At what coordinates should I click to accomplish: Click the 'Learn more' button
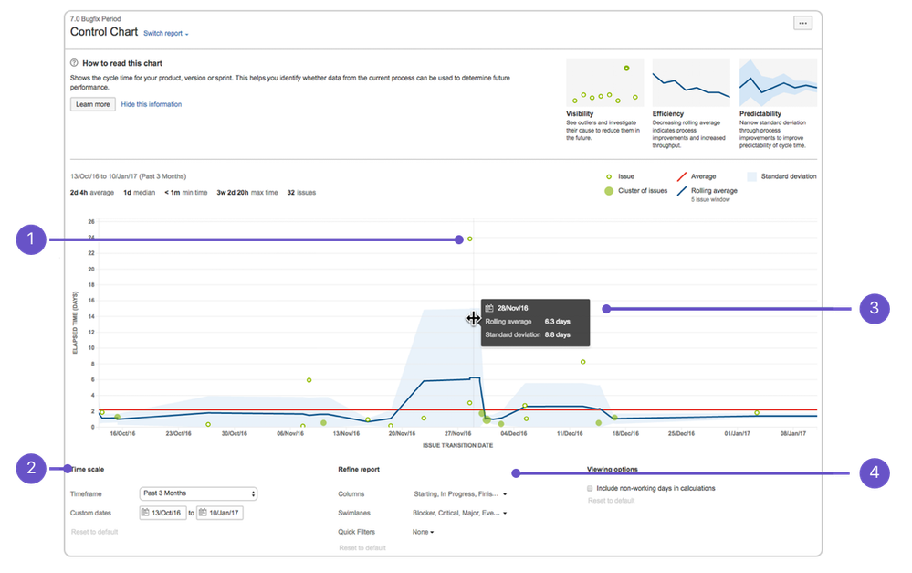[92, 104]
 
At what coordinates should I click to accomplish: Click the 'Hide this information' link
[151, 104]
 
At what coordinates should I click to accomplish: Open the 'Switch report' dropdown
[165, 34]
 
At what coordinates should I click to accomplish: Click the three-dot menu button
[802, 24]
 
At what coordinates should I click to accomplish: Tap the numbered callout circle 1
[31, 239]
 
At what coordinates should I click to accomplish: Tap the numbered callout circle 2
[31, 469]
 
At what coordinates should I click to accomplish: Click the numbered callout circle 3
[874, 308]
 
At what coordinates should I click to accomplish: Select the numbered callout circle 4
[874, 472]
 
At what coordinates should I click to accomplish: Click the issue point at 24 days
[470, 239]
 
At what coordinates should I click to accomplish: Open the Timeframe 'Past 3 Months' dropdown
[199, 493]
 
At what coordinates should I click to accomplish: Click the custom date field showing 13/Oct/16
[163, 513]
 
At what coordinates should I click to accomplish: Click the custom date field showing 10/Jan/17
[220, 513]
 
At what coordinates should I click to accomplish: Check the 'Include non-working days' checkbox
[591, 488]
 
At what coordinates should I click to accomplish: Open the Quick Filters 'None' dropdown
[423, 531]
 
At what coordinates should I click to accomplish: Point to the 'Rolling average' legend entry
[715, 190]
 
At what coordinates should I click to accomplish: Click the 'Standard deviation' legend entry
[788, 176]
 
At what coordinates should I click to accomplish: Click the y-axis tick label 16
[90, 301]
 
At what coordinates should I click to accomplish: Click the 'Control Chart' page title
[104, 32]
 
